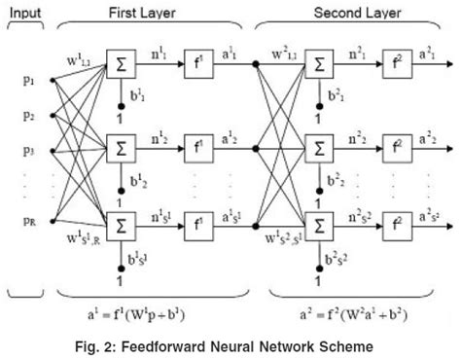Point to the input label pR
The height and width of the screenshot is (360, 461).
(19, 223)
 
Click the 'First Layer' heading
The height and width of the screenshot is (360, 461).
(149, 11)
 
